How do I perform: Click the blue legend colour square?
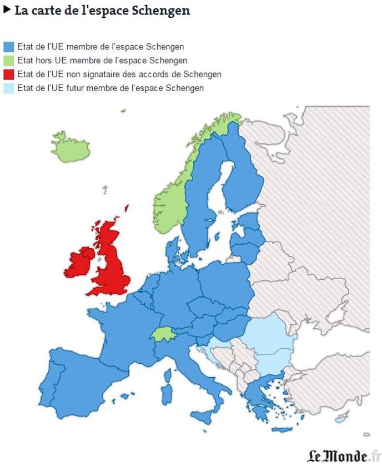click(x=9, y=47)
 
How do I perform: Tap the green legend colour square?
click(x=9, y=61)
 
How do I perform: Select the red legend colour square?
click(x=9, y=74)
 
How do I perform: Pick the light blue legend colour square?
click(x=9, y=88)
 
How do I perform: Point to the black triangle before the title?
click(x=7, y=9)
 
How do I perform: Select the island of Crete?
click(x=282, y=429)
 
